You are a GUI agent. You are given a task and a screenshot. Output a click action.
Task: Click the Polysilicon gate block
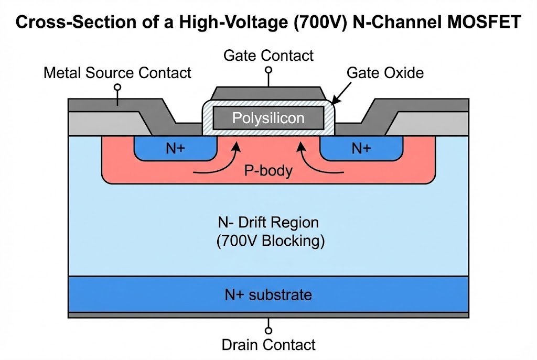click(x=268, y=118)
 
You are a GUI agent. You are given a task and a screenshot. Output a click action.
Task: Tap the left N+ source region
click(x=175, y=148)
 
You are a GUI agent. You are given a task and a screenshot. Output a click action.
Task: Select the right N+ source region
click(x=361, y=148)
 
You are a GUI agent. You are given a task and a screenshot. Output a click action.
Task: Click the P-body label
click(x=268, y=170)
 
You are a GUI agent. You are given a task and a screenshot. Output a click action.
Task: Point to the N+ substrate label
click(x=268, y=294)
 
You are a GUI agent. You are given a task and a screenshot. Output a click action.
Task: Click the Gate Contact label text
click(x=268, y=56)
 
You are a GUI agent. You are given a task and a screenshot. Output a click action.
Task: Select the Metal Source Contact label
click(x=117, y=73)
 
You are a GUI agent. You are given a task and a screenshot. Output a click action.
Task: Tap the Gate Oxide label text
click(x=385, y=73)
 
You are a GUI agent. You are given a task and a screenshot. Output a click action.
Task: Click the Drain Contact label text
click(x=268, y=345)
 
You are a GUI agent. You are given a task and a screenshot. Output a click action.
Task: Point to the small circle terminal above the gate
click(x=268, y=70)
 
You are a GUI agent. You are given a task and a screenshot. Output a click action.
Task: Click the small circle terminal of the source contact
click(x=117, y=87)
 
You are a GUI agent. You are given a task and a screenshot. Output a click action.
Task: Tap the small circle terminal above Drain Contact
click(x=268, y=330)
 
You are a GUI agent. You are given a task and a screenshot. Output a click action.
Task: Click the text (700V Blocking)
click(x=268, y=242)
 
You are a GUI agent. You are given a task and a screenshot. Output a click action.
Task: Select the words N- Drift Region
click(x=268, y=223)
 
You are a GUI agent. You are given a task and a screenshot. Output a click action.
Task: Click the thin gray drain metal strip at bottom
click(x=268, y=315)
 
